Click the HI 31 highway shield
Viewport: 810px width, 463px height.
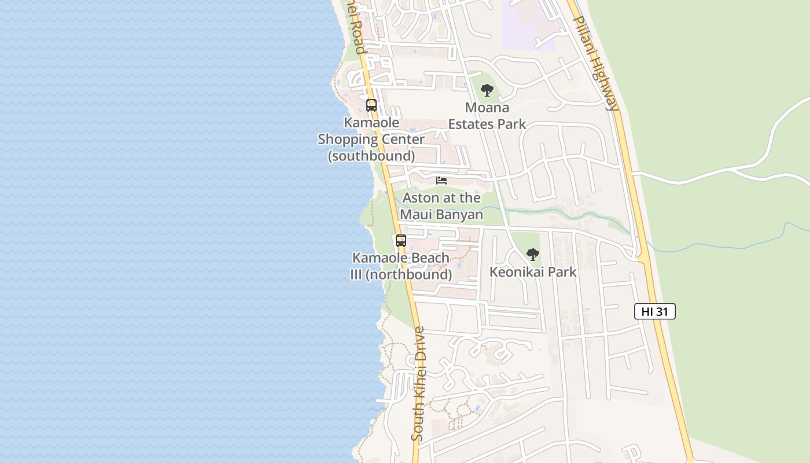click(x=655, y=311)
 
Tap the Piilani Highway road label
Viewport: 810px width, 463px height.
click(x=596, y=63)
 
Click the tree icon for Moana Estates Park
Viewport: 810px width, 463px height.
click(x=487, y=90)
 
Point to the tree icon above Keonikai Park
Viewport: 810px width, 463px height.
click(x=533, y=254)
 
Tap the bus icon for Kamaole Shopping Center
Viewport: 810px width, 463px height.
click(x=371, y=105)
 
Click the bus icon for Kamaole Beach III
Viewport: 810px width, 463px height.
click(x=401, y=240)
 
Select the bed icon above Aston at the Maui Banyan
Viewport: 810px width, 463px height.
click(x=441, y=181)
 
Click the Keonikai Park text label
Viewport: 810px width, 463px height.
click(x=533, y=271)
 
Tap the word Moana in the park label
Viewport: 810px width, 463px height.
click(x=487, y=108)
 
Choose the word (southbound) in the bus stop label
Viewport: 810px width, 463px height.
click(x=371, y=156)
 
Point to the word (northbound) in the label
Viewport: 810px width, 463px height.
click(x=408, y=274)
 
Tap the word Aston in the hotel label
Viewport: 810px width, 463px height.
click(x=421, y=198)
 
